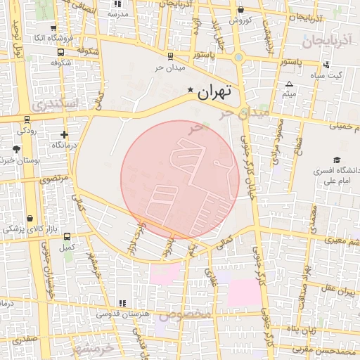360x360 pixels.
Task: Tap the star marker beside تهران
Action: pyautogui.click(x=190, y=91)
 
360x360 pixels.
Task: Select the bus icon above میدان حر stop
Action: pyautogui.click(x=170, y=56)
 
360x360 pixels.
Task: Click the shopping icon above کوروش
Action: pyautogui.click(x=240, y=10)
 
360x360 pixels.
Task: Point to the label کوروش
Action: pyautogui.click(x=240, y=20)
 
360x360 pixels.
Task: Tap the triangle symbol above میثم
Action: pyautogui.click(x=289, y=84)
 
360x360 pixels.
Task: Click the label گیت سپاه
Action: pyautogui.click(x=328, y=75)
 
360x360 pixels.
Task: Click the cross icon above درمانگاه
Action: pyautogui.click(x=65, y=134)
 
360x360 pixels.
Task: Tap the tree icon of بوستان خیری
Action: pyautogui.click(x=16, y=149)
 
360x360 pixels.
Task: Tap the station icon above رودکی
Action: pyautogui.click(x=27, y=120)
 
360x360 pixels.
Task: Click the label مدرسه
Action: pyautogui.click(x=117, y=14)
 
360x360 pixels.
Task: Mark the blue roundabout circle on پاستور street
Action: pyautogui.click(x=239, y=57)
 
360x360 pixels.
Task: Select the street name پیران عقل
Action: pyautogui.click(x=337, y=290)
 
